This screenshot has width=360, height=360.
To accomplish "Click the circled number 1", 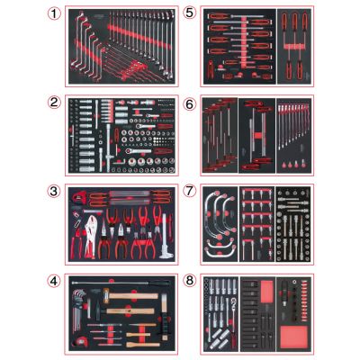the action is [54, 13].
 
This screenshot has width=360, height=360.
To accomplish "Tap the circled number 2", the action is [54, 103].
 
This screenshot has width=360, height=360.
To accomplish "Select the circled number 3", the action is [54, 191].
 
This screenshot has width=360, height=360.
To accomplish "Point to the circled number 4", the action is [54, 281].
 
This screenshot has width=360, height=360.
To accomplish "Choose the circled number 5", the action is [189, 13].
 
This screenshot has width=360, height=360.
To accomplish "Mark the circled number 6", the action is [189, 104].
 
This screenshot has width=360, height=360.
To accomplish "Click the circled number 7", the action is [189, 191].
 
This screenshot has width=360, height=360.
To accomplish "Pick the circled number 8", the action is [189, 281].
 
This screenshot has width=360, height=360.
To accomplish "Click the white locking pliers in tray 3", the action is [91, 237].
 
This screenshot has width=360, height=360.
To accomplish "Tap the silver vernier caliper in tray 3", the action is [166, 236].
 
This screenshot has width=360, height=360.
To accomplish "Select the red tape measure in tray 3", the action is [78, 197].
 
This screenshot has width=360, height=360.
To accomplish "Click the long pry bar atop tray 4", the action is [121, 283].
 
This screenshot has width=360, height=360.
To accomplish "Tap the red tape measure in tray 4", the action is [79, 341].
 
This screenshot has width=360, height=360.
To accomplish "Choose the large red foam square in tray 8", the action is [294, 337].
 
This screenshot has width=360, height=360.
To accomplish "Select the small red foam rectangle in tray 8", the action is [266, 292].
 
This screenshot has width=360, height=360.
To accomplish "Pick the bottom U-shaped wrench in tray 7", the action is [220, 251].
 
